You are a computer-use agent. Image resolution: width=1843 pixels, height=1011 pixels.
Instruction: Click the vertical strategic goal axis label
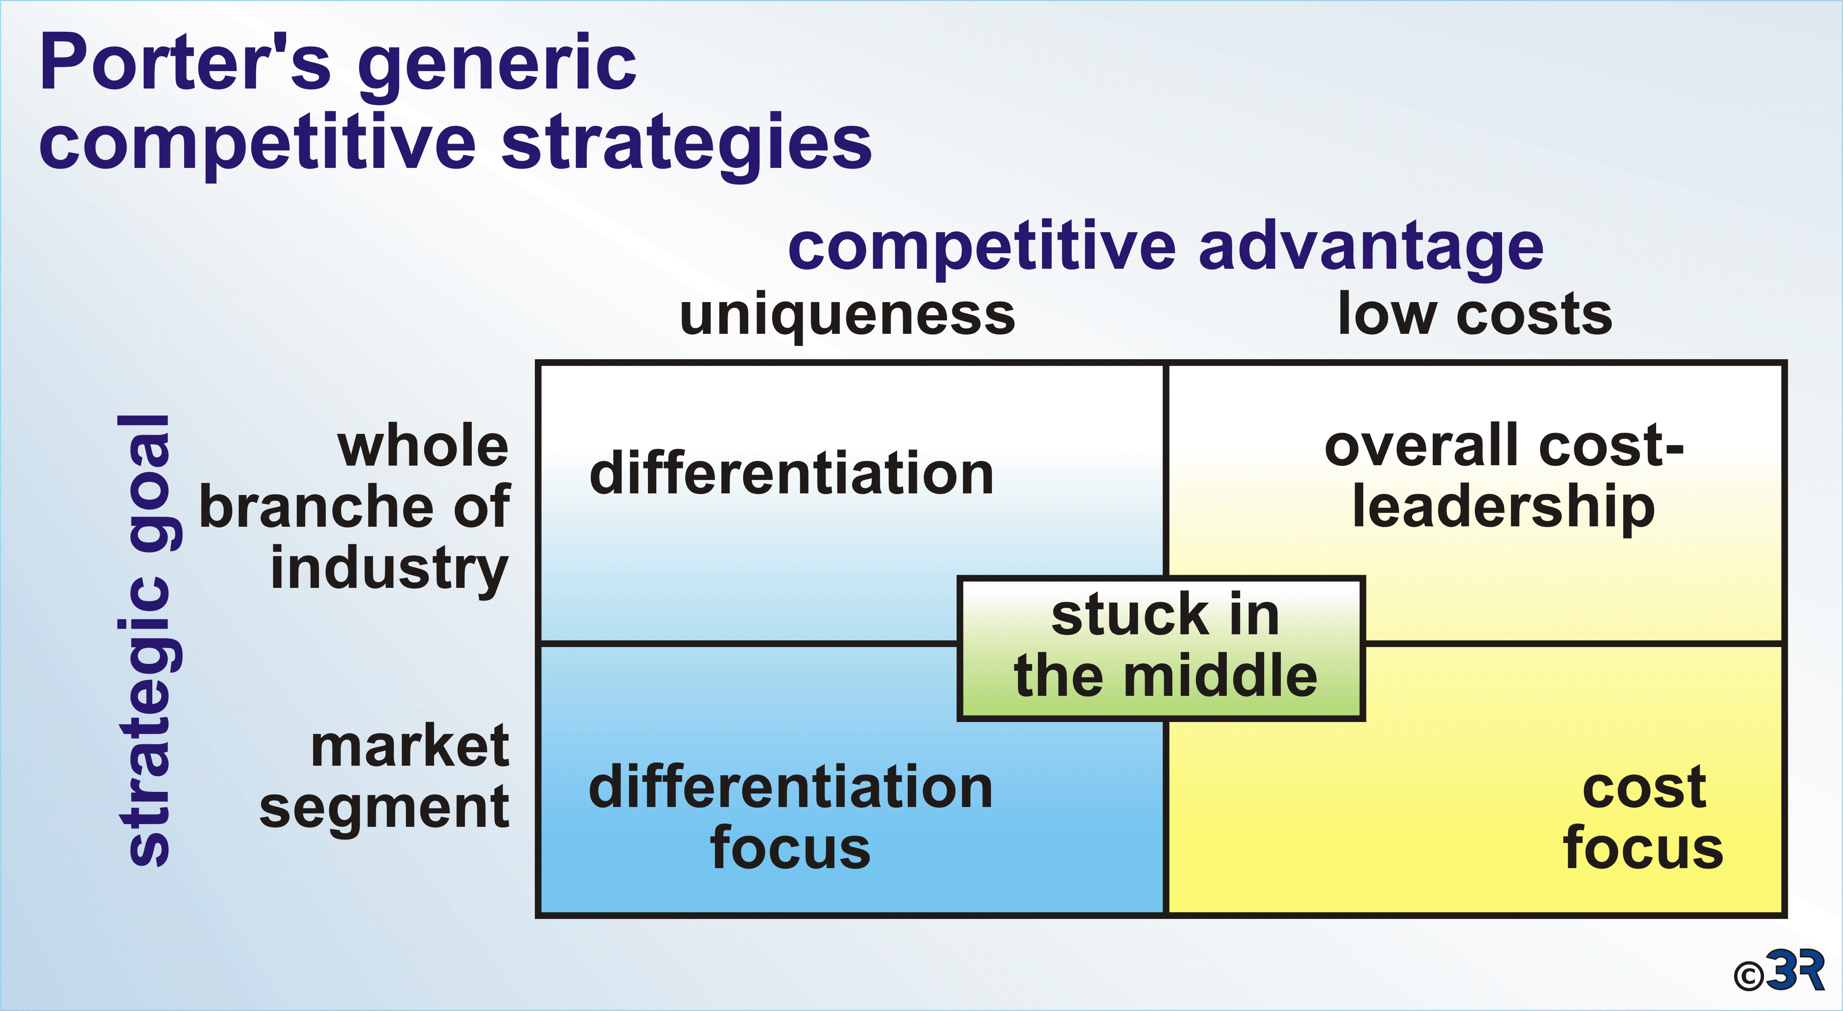tap(149, 640)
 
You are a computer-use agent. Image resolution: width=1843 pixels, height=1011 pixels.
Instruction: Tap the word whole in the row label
tap(423, 448)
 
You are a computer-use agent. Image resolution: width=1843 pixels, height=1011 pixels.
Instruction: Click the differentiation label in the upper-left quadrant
tap(791, 474)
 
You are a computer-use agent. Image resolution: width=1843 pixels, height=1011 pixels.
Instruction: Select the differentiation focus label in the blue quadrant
tap(791, 817)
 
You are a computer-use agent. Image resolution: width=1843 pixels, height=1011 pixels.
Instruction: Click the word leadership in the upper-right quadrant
tap(1504, 509)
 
